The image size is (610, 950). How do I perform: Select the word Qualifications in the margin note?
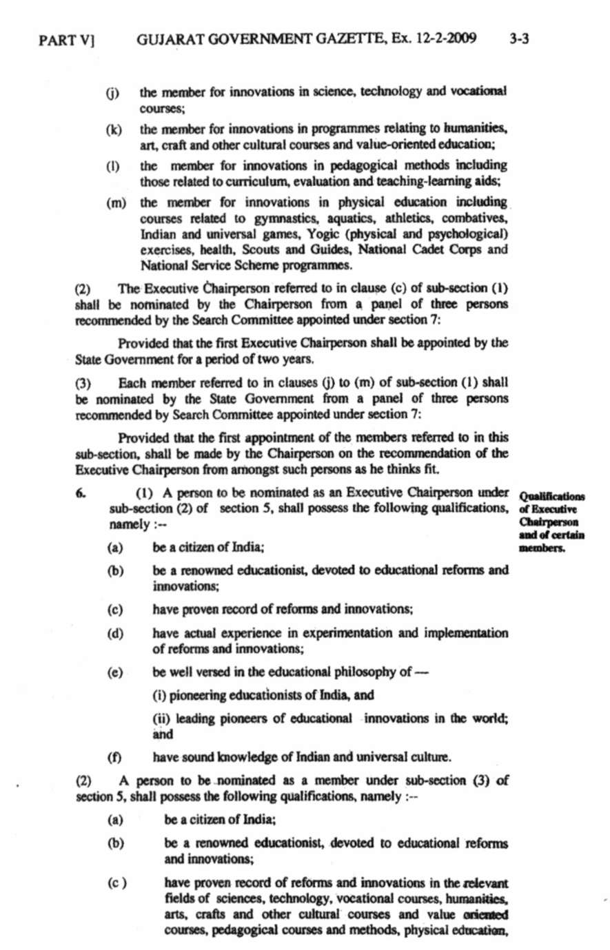point(552,497)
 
